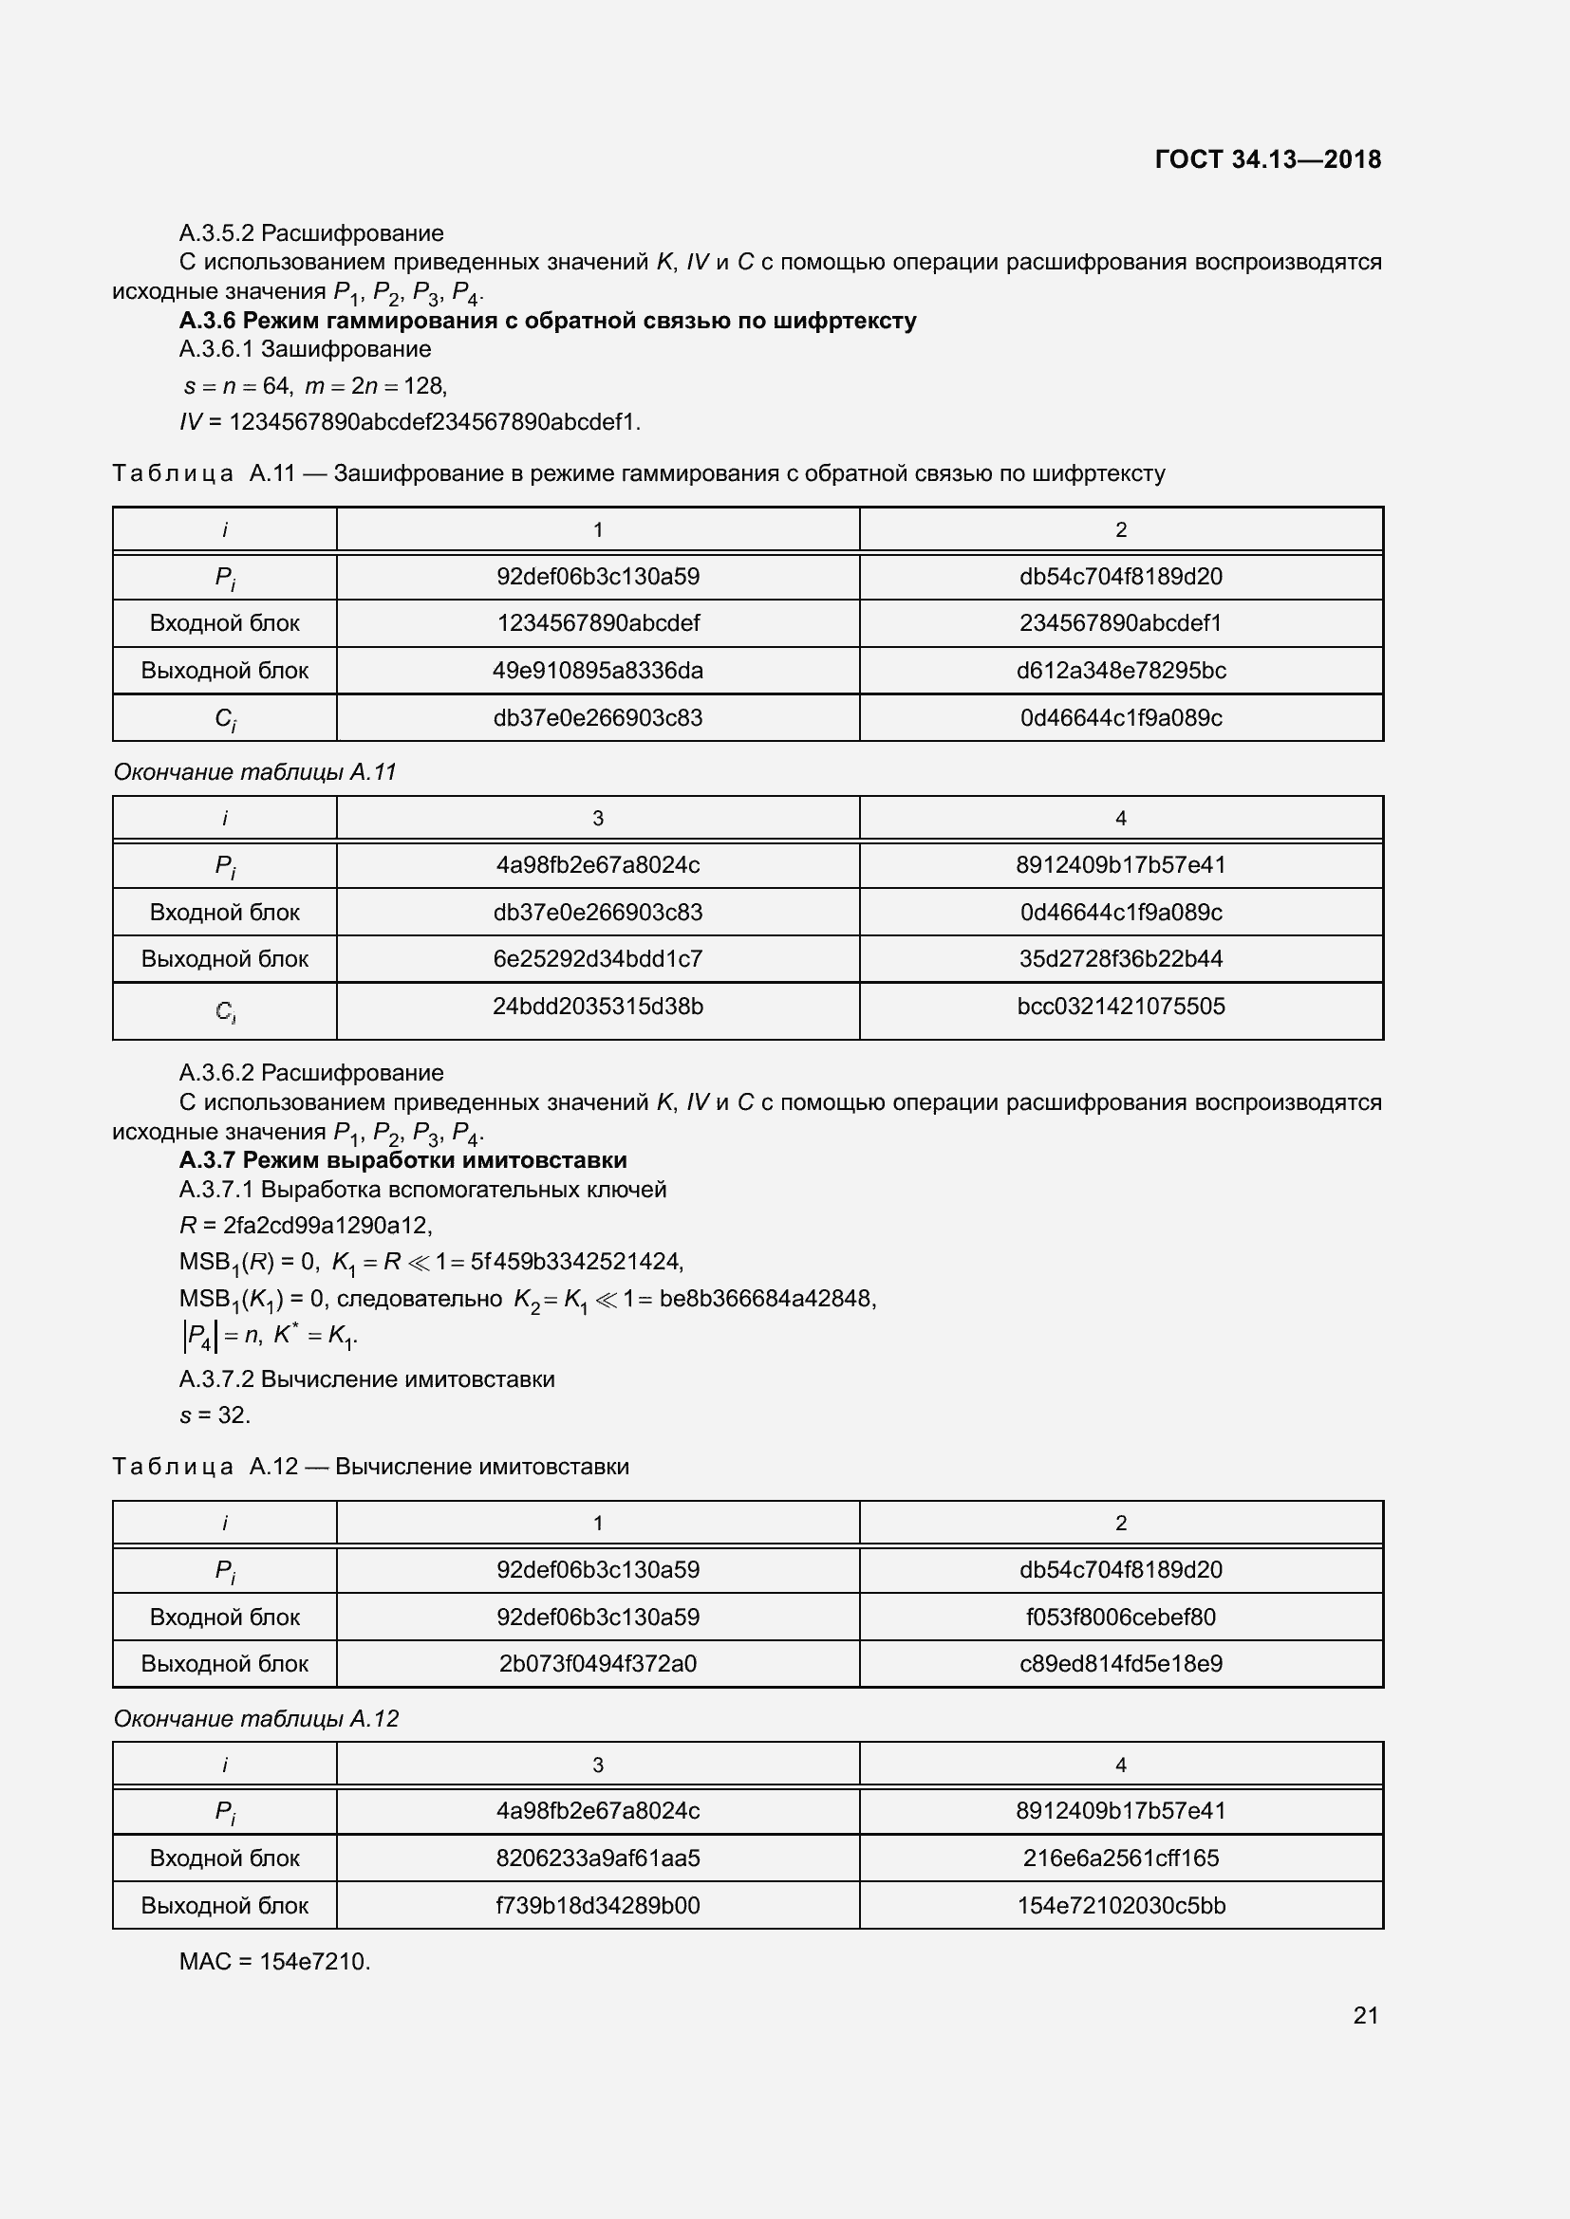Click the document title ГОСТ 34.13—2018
[1267, 159]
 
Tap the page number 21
[1365, 2015]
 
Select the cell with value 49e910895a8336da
[597, 671]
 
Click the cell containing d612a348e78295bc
[1120, 671]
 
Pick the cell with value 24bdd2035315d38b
[597, 1008]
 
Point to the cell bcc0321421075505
[1120, 1008]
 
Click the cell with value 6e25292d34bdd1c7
[597, 959]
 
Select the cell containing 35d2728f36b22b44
[1120, 959]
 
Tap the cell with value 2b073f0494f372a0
[597, 1663]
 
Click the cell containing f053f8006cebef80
[1120, 1617]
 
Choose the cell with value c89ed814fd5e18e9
[1120, 1663]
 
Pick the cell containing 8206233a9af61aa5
[597, 1858]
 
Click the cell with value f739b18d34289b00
[597, 1905]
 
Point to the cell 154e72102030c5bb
[1120, 1905]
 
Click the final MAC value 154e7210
[314, 1961]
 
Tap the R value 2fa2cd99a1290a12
[327, 1226]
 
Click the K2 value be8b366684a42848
[767, 1299]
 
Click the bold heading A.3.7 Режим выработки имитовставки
[403, 1159]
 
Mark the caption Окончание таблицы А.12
[256, 1718]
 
